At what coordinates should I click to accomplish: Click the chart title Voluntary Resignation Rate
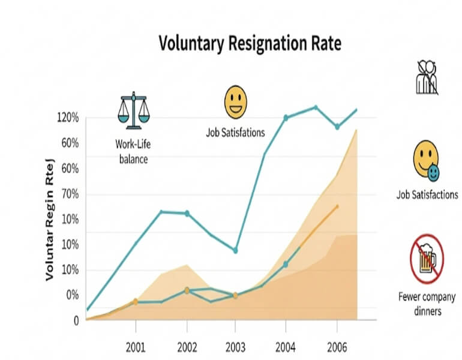point(249,43)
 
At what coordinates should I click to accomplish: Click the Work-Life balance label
point(132,151)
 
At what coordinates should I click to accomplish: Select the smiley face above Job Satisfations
point(236,102)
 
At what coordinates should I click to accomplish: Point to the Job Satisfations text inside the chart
point(235,133)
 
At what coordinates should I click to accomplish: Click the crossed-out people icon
point(427,77)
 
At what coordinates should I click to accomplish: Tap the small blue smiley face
point(432,173)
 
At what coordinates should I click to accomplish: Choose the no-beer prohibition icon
point(427,259)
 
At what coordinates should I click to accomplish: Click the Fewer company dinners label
point(427,303)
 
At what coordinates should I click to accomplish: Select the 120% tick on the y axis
point(68,118)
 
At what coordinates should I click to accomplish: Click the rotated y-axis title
point(50,219)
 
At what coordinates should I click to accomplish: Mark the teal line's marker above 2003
point(235,250)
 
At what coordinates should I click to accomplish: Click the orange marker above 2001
point(136,301)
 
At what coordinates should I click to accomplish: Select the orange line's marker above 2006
point(337,206)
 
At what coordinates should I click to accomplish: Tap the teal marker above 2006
point(337,127)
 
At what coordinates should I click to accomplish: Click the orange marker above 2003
point(235,295)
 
